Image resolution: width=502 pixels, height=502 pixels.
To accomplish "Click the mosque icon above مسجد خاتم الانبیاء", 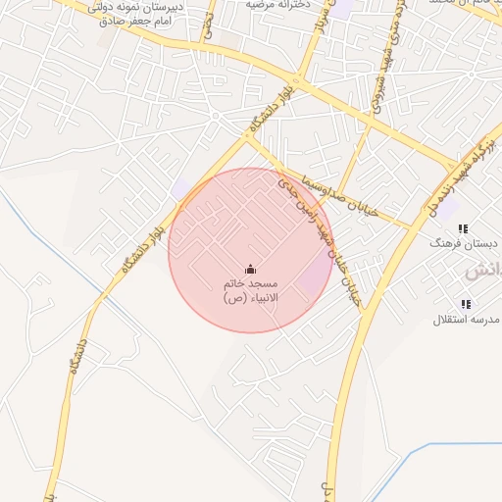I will [250, 270].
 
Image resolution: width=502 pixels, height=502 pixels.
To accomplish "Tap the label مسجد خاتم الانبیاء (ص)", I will [250, 289].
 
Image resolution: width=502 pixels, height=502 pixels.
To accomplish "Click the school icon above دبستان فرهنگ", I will [463, 227].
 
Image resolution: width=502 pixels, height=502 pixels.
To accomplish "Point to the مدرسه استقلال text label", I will [467, 320].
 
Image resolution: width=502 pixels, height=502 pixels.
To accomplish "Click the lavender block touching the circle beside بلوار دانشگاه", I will [180, 188].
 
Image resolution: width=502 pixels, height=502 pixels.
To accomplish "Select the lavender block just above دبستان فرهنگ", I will [447, 207].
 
